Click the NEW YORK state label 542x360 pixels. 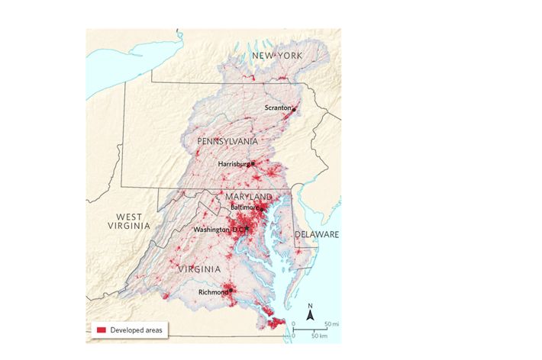277,56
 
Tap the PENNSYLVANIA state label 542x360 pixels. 227,142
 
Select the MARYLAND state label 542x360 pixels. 248,197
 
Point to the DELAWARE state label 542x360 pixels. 316,235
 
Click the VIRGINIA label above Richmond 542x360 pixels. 199,269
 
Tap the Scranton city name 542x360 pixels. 278,108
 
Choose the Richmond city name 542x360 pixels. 212,292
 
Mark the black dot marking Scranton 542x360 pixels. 294,110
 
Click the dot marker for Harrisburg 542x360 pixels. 253,162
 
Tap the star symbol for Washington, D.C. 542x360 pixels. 248,230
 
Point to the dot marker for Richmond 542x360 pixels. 229,291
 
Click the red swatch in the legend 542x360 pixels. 100,329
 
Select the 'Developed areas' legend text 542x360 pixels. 136,329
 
